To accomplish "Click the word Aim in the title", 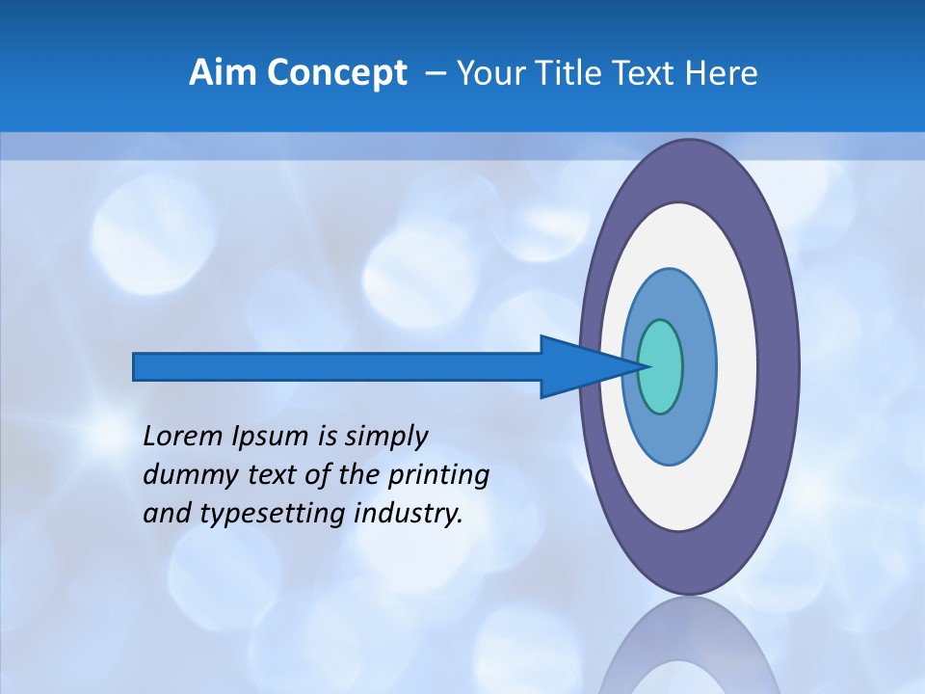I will point(222,73).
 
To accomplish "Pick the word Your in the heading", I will point(489,73).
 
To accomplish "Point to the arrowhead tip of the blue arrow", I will point(642,366).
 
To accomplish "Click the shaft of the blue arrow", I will point(337,366).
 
